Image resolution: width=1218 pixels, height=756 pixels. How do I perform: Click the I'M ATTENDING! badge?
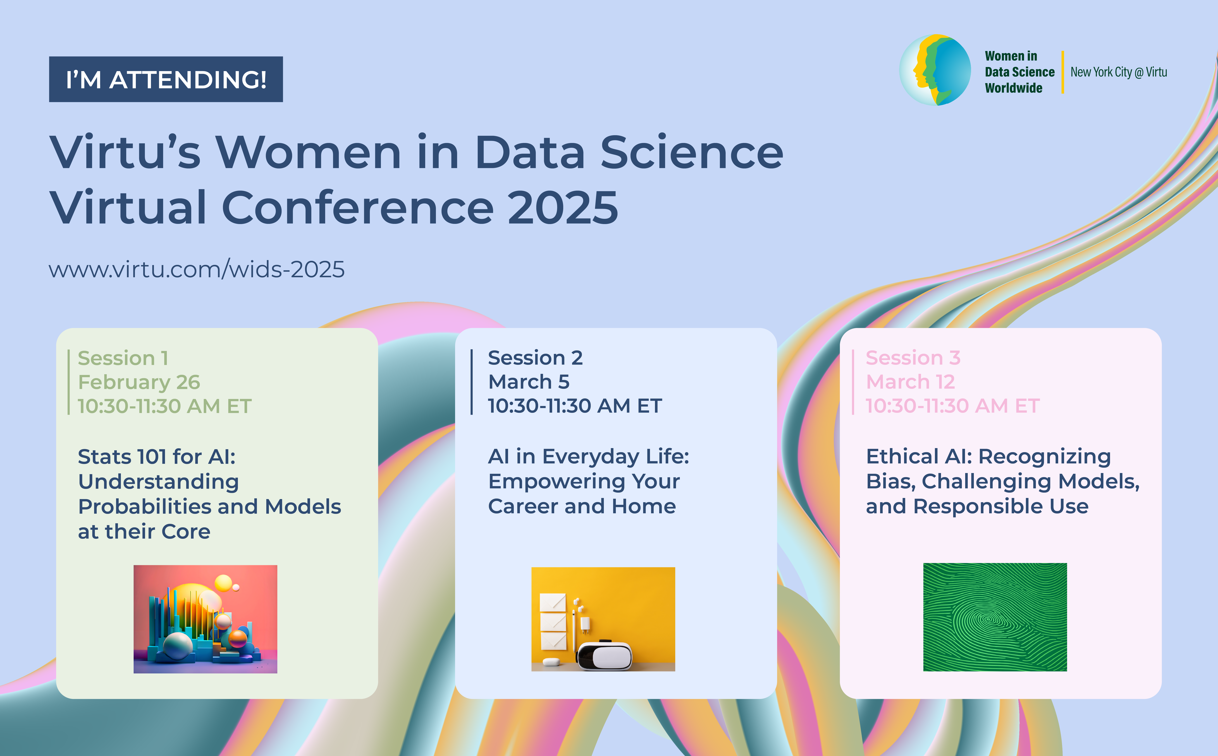tap(166, 79)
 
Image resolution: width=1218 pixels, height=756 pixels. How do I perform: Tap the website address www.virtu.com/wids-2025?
tap(196, 269)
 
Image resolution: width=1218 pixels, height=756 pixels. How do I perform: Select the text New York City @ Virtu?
tap(1119, 72)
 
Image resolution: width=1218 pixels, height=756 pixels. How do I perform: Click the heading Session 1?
tap(123, 358)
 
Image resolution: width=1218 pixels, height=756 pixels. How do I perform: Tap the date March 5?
tap(529, 382)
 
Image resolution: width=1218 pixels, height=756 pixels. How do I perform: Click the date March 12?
tap(910, 382)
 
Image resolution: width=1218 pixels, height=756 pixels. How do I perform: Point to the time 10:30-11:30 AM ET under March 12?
tap(953, 406)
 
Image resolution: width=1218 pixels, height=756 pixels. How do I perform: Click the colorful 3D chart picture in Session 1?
tap(205, 619)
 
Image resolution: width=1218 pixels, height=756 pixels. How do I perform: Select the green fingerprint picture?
tap(995, 617)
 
